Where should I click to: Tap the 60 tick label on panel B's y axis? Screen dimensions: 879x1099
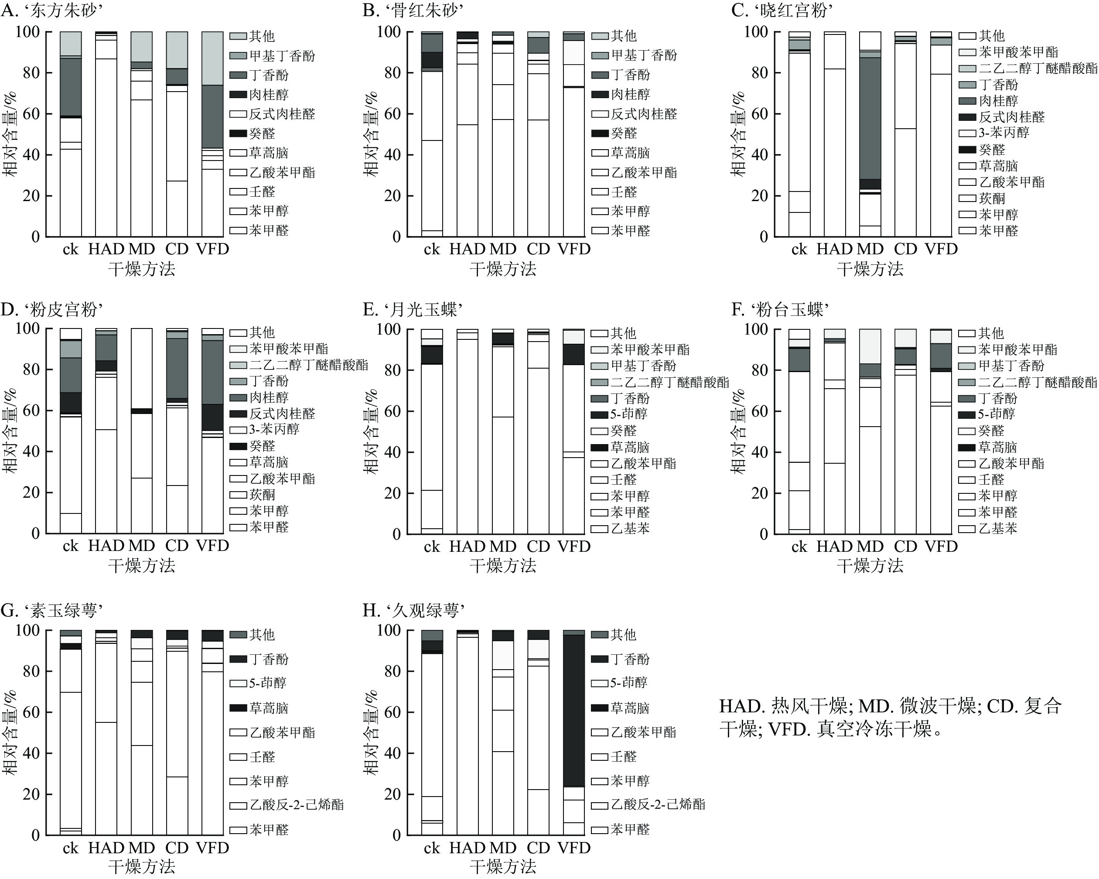click(389, 114)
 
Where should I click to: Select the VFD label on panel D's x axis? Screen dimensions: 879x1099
click(212, 546)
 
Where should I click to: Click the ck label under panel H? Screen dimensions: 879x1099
click(432, 848)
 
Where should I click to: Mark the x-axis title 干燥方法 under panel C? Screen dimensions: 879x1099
click(870, 269)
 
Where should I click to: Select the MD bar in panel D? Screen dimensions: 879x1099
click(142, 431)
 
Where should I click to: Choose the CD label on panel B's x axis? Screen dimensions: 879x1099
click(538, 250)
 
